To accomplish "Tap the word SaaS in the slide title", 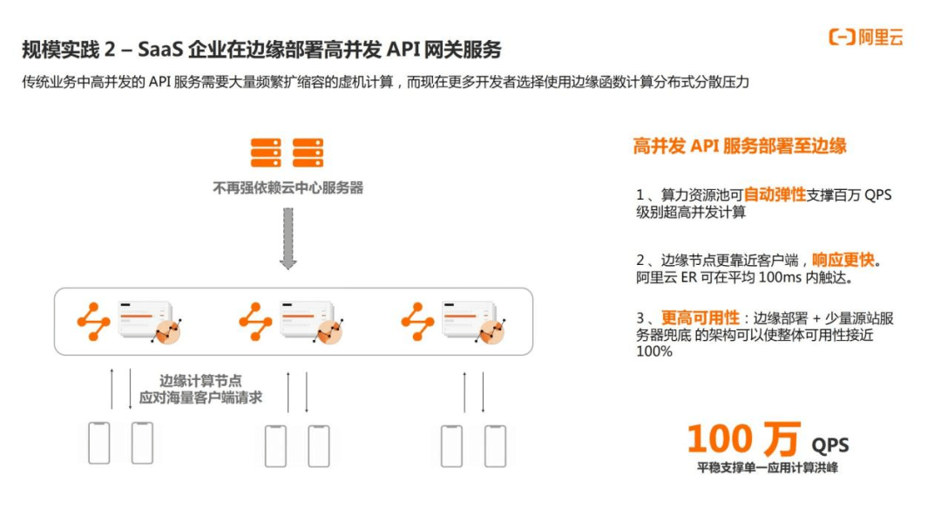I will coord(164,49).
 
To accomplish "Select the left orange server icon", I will coord(266,153).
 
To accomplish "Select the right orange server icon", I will coord(308,153).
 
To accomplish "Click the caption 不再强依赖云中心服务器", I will coord(288,187).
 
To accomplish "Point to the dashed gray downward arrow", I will coord(288,237).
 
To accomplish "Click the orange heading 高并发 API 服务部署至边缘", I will coord(740,146).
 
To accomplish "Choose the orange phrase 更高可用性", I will coord(700,318).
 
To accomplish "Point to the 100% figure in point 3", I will coord(654,351).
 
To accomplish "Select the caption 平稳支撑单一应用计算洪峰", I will coord(767,468).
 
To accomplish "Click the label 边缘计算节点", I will coord(200,381).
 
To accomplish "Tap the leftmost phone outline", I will coord(98,443).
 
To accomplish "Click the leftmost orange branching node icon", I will coord(93,321).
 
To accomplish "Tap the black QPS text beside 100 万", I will coord(829,445).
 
